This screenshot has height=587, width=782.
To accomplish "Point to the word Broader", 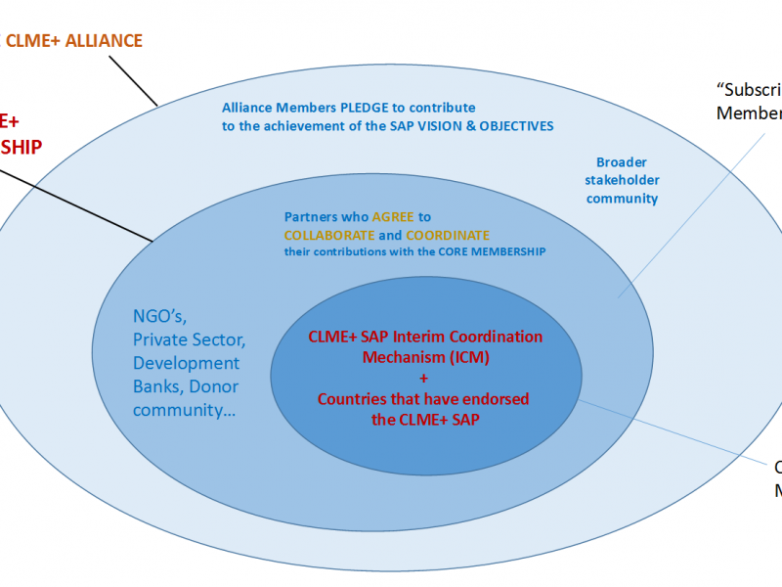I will (x=622, y=162).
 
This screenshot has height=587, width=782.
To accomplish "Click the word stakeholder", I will (x=622, y=180).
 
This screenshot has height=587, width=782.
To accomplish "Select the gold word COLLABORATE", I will (x=329, y=236).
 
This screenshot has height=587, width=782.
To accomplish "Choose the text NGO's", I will (x=158, y=316).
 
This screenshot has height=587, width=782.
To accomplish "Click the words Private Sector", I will (x=189, y=339).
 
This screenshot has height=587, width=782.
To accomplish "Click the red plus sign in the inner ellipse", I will (x=423, y=378).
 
